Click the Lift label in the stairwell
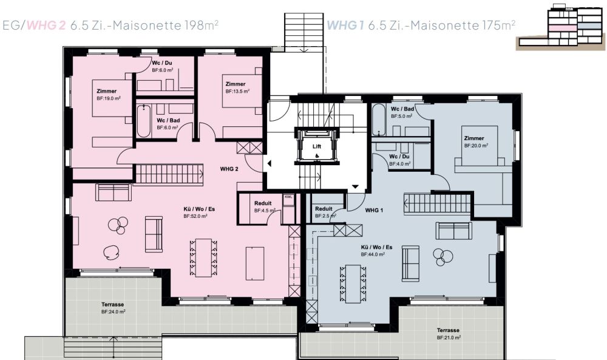(x=317, y=147)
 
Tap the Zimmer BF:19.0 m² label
(x=109, y=95)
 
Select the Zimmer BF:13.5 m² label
(x=237, y=87)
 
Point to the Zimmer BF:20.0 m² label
(x=476, y=141)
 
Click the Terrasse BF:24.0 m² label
(x=113, y=308)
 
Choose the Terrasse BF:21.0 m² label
(x=449, y=334)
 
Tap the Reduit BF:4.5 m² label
(x=265, y=207)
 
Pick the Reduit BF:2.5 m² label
(x=325, y=212)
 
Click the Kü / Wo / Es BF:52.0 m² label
(x=199, y=212)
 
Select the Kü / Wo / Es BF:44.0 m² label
(x=376, y=251)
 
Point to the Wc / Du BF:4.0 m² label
(x=399, y=160)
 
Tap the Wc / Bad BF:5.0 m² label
(x=402, y=113)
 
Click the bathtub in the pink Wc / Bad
(x=143, y=120)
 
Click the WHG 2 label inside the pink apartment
(x=229, y=169)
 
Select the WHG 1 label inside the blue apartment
(x=374, y=210)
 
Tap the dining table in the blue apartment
(x=353, y=284)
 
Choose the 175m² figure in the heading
(x=498, y=25)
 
